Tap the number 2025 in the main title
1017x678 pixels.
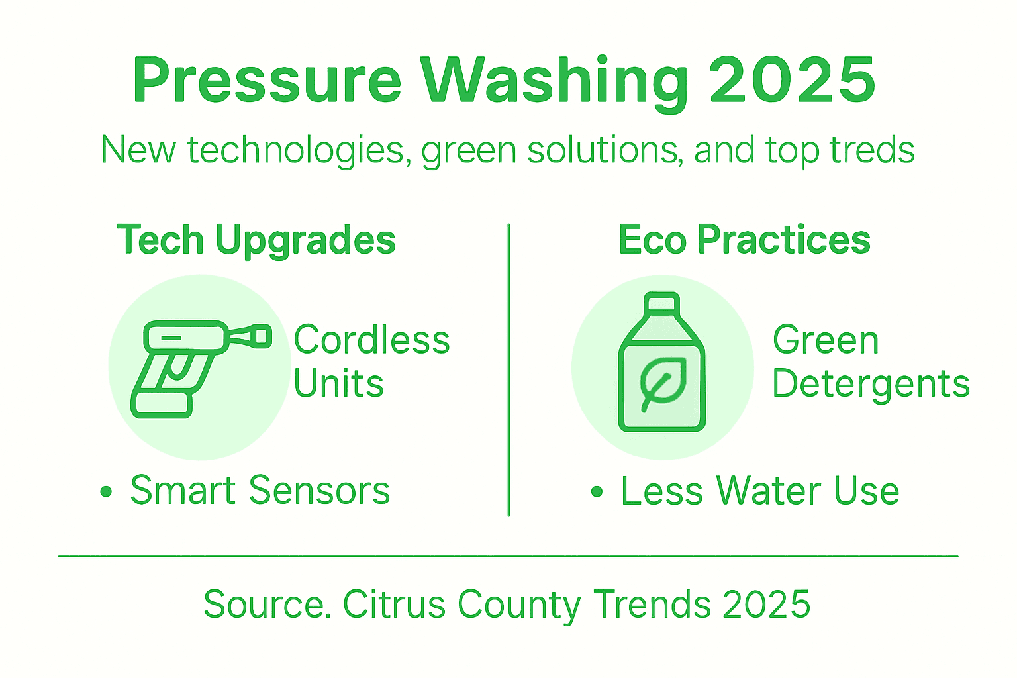793,80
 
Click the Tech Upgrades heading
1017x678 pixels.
256,240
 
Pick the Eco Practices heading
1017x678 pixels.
744,240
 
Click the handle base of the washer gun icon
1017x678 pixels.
162,404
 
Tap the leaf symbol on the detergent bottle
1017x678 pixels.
661,383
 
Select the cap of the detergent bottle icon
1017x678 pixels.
662,303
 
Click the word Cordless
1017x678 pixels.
371,340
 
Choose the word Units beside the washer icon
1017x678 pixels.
338,384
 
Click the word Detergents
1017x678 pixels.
871,384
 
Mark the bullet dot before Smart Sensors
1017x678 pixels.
106,491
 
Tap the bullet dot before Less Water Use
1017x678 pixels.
597,491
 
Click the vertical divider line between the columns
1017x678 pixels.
508,371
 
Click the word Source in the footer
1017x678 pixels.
266,604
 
